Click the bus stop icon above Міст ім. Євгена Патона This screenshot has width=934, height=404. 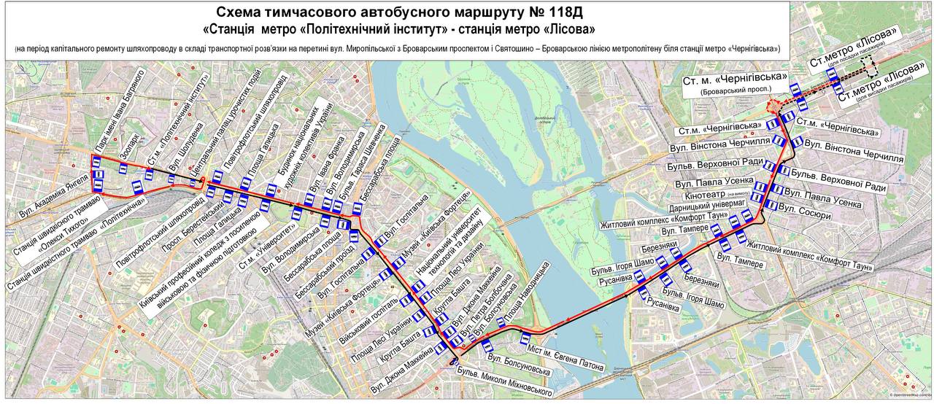pos(525,338)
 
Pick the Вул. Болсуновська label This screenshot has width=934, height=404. pos(519,360)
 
